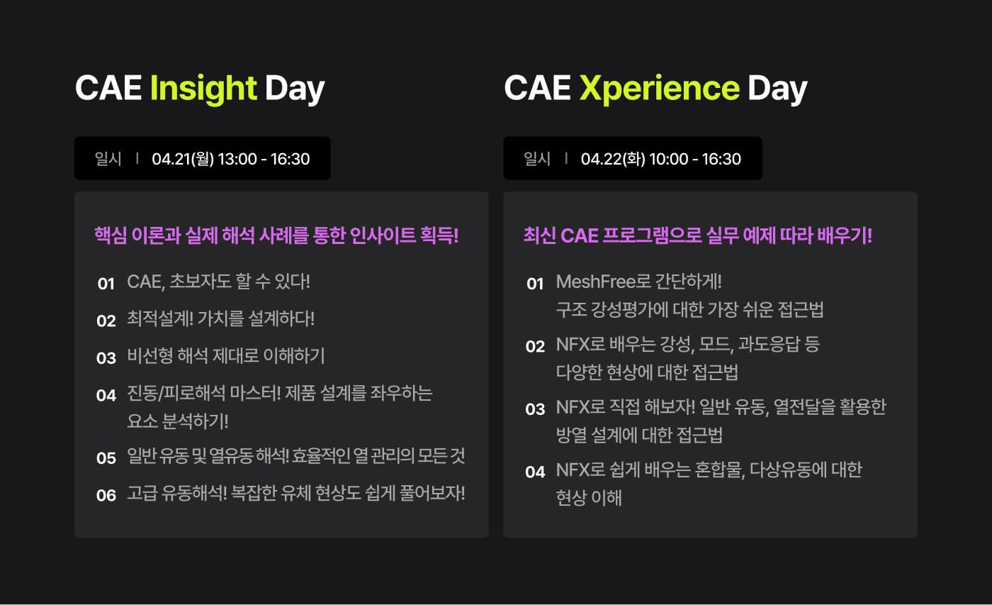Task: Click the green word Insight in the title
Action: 203,89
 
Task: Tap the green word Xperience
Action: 660,89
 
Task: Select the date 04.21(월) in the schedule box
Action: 183,159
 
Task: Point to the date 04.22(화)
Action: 613,159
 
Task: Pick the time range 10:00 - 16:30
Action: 695,159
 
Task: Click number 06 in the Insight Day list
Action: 106,496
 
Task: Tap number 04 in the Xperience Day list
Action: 535,472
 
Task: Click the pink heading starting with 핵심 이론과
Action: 276,235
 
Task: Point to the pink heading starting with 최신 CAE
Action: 697,235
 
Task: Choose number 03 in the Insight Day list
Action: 106,358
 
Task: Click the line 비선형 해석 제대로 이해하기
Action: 226,356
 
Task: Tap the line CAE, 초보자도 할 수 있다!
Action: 219,282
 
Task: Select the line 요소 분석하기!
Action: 178,421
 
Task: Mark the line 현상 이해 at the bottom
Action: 589,497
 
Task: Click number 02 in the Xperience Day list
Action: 535,347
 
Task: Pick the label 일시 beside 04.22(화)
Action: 537,159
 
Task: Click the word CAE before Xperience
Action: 538,88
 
